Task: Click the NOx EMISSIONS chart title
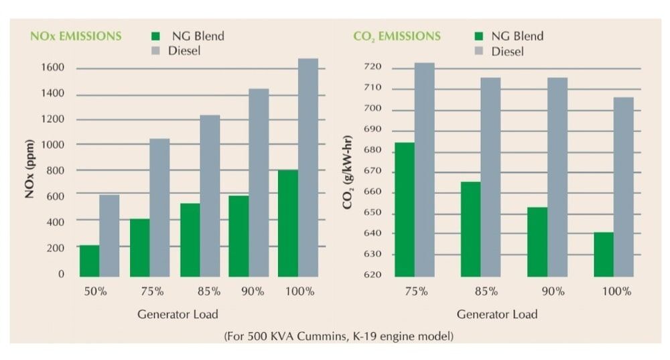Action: pyautogui.click(x=75, y=36)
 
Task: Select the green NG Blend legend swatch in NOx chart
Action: pyautogui.click(x=155, y=36)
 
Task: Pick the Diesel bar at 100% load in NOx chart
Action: pyautogui.click(x=308, y=168)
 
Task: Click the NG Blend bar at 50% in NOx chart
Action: pyautogui.click(x=89, y=261)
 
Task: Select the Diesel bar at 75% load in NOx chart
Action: pyautogui.click(x=159, y=208)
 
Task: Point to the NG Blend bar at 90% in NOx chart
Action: pyautogui.click(x=239, y=236)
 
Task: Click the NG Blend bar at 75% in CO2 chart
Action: pyautogui.click(x=404, y=209)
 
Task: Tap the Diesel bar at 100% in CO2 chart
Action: pyautogui.click(x=623, y=187)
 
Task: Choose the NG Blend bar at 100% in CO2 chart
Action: pyautogui.click(x=603, y=254)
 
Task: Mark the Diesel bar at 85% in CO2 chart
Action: pyautogui.click(x=490, y=177)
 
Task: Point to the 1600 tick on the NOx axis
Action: pyautogui.click(x=52, y=68)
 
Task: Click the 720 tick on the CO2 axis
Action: pyautogui.click(x=372, y=68)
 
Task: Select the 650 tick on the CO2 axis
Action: pyautogui.click(x=372, y=214)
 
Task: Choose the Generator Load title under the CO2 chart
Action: pyautogui.click(x=497, y=314)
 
